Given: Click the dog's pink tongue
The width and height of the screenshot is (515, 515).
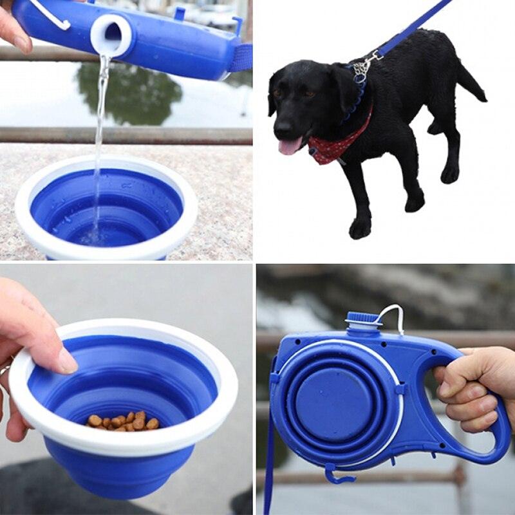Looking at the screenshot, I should (288, 146).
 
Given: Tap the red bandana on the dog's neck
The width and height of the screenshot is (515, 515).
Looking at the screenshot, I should (335, 145).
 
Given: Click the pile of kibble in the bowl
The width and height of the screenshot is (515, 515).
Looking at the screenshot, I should (123, 421).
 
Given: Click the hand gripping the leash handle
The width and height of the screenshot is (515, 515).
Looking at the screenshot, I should (476, 386).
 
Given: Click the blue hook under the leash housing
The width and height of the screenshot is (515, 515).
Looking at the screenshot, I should (337, 476).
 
